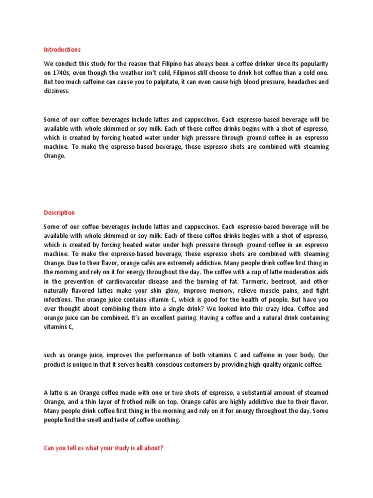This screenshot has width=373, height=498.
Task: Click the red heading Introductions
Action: click(x=62, y=50)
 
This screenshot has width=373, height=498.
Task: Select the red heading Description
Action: click(x=59, y=213)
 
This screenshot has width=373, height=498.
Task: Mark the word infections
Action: click(x=58, y=300)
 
